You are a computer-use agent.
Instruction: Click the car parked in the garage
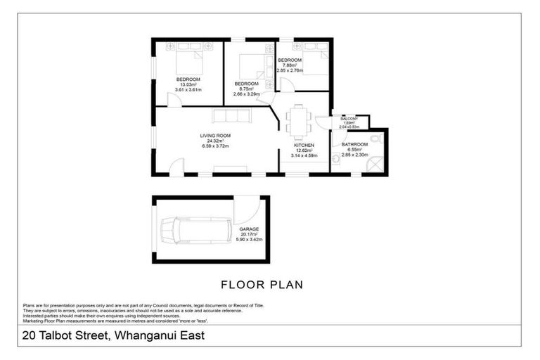(193, 231)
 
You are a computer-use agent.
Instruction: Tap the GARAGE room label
(248, 230)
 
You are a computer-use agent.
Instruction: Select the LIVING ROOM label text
(215, 136)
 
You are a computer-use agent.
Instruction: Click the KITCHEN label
(304, 145)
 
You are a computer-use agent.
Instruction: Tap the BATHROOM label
(354, 145)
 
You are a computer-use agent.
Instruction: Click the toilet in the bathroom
(335, 160)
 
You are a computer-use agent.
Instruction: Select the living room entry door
(177, 167)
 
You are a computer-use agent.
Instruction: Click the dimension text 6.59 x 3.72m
(215, 146)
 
